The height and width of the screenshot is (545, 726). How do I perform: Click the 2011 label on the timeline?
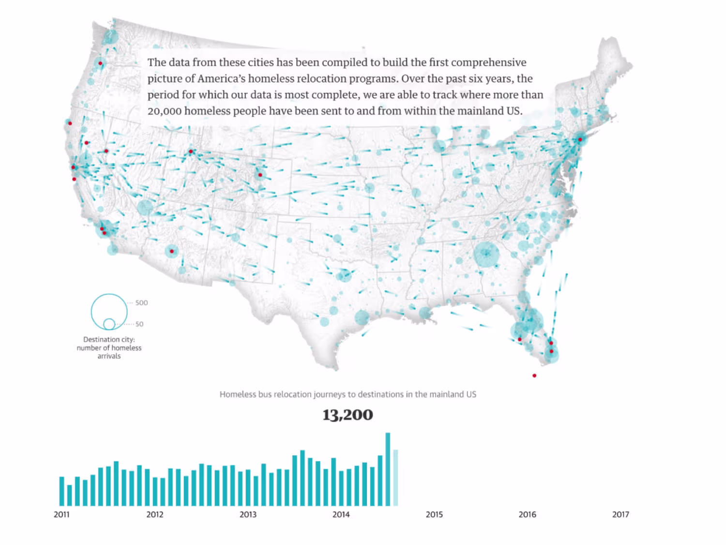point(61,515)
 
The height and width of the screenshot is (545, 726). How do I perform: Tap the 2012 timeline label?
point(155,515)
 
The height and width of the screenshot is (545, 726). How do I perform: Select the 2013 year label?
point(248,515)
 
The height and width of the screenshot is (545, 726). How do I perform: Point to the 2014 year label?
point(341,515)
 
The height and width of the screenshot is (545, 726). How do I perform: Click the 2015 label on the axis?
point(434,515)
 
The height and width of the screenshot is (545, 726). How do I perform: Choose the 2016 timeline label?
point(527,515)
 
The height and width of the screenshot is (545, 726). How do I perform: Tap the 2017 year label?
point(620,515)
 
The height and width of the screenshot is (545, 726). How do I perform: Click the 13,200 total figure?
point(348,415)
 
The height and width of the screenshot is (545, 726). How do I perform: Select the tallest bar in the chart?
point(388,469)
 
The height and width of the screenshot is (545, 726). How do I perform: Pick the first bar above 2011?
point(61,491)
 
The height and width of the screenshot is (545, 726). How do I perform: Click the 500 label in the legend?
point(141,303)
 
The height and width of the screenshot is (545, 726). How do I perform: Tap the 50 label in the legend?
point(139,324)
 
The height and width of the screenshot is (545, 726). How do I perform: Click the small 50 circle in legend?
point(109,324)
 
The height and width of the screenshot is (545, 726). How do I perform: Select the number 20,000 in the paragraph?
point(165,111)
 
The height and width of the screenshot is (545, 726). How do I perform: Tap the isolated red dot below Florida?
point(534,376)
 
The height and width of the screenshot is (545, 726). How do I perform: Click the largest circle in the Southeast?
point(486,255)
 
